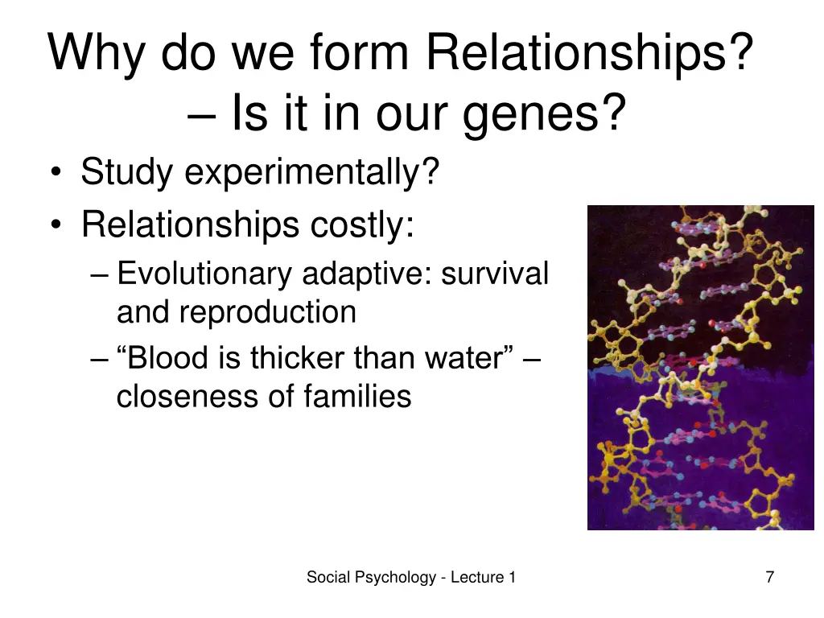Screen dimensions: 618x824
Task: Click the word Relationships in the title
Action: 589,53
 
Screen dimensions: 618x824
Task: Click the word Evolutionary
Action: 204,274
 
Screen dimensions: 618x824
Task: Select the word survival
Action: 494,274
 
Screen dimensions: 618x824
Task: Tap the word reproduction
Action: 267,312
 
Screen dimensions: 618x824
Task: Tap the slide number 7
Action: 770,577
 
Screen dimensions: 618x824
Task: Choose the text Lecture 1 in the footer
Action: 483,577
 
